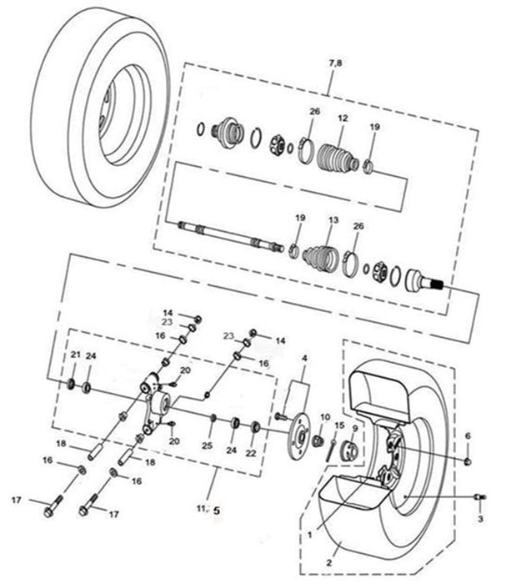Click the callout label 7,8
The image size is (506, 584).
(335, 63)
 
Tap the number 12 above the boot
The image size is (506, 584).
(343, 118)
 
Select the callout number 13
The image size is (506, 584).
(333, 220)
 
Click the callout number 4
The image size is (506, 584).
(305, 358)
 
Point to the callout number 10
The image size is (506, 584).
(325, 417)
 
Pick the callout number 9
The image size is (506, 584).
(355, 428)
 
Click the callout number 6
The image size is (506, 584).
(468, 435)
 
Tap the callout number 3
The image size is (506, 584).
(480, 518)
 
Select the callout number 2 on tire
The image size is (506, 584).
(328, 562)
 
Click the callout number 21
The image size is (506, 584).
(76, 355)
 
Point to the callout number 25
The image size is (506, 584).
(207, 446)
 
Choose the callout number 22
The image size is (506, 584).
(251, 453)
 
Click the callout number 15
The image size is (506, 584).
(339, 425)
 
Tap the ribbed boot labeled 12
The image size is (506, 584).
(338, 158)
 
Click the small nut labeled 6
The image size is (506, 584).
(468, 462)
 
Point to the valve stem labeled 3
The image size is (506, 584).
(480, 496)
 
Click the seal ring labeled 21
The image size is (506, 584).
(71, 384)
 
